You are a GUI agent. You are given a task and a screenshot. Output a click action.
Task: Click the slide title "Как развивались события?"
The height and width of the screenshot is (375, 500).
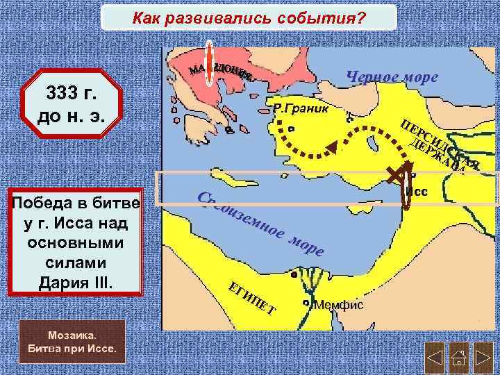249,17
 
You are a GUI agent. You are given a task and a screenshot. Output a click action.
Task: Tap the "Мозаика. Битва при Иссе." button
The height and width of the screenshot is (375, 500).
72,341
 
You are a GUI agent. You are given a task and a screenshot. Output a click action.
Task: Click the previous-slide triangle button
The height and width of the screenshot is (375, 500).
434,359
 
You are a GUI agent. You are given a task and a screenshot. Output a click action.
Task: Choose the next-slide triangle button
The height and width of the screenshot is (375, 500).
483,359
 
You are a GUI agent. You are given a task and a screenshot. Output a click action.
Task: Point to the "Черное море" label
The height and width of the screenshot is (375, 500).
392,76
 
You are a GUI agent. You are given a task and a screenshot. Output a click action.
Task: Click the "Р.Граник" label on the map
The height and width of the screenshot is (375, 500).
298,109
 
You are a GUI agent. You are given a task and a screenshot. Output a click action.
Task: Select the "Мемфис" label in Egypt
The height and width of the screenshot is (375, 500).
338,306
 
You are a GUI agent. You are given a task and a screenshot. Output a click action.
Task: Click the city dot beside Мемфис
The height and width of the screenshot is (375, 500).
306,303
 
